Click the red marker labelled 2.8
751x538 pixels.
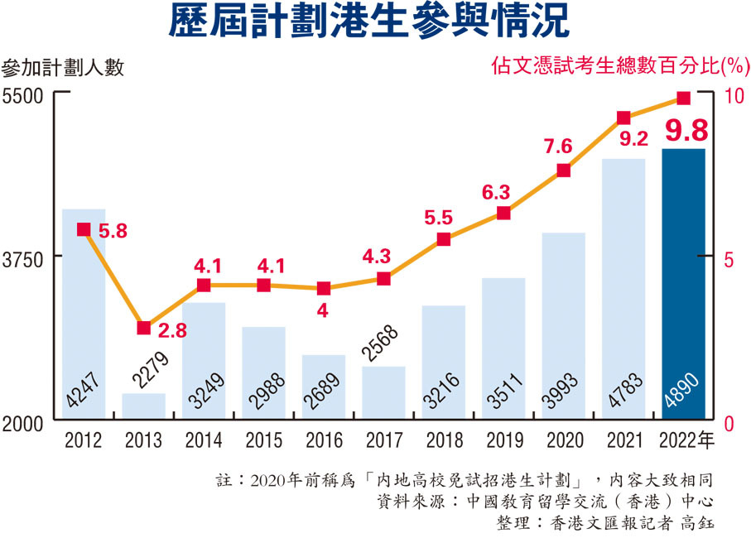click(x=144, y=328)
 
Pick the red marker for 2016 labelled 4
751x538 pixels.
click(x=324, y=288)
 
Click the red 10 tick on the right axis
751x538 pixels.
click(x=733, y=94)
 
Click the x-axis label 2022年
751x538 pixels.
click(x=688, y=441)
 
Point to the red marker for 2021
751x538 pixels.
click(x=623, y=118)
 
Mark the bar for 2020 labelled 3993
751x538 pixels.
click(x=564, y=331)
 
